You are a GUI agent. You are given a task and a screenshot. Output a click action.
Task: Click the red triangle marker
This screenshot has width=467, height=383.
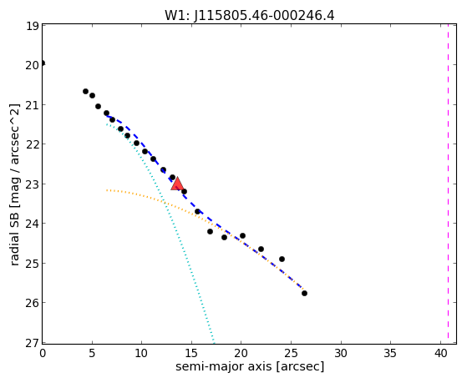click(x=177, y=184)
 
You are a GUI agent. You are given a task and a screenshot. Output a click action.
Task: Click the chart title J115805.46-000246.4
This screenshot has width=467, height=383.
click(x=264, y=16)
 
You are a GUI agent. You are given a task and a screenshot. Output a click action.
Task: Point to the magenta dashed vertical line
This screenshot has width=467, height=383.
click(x=448, y=184)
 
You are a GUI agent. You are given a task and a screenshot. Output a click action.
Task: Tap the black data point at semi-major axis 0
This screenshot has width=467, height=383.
click(x=43, y=63)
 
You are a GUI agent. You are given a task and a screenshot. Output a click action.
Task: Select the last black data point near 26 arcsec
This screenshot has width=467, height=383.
click(x=304, y=294)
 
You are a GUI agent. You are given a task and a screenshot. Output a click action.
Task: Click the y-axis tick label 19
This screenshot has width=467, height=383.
click(x=33, y=26)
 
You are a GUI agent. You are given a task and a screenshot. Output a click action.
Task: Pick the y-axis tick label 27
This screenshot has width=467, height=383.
click(x=33, y=343)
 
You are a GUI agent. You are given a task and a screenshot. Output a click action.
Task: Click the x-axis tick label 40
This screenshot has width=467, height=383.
click(x=441, y=354)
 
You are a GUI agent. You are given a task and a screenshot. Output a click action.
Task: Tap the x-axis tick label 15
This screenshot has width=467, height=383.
click(x=191, y=354)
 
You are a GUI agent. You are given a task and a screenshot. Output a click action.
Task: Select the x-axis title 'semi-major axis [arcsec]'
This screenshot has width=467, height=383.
click(x=250, y=366)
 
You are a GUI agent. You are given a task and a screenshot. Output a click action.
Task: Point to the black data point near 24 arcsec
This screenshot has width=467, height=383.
click(x=282, y=260)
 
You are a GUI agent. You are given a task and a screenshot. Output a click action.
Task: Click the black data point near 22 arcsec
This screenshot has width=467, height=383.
click(x=261, y=249)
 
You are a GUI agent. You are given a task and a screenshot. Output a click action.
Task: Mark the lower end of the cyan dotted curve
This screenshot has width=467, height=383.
click(x=214, y=342)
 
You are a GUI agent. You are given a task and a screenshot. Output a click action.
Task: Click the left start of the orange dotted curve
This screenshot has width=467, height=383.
click(x=107, y=190)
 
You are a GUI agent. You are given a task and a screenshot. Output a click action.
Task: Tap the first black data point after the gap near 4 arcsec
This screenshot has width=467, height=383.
click(x=85, y=91)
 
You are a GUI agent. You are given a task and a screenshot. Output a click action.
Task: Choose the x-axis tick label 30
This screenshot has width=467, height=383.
click(x=341, y=354)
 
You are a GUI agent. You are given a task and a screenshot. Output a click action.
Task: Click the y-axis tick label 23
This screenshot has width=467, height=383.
click(x=33, y=184)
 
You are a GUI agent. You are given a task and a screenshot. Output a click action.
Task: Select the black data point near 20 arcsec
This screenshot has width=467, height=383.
click(x=242, y=235)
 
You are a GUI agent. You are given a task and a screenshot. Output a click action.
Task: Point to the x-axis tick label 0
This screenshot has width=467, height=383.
click(x=43, y=354)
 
